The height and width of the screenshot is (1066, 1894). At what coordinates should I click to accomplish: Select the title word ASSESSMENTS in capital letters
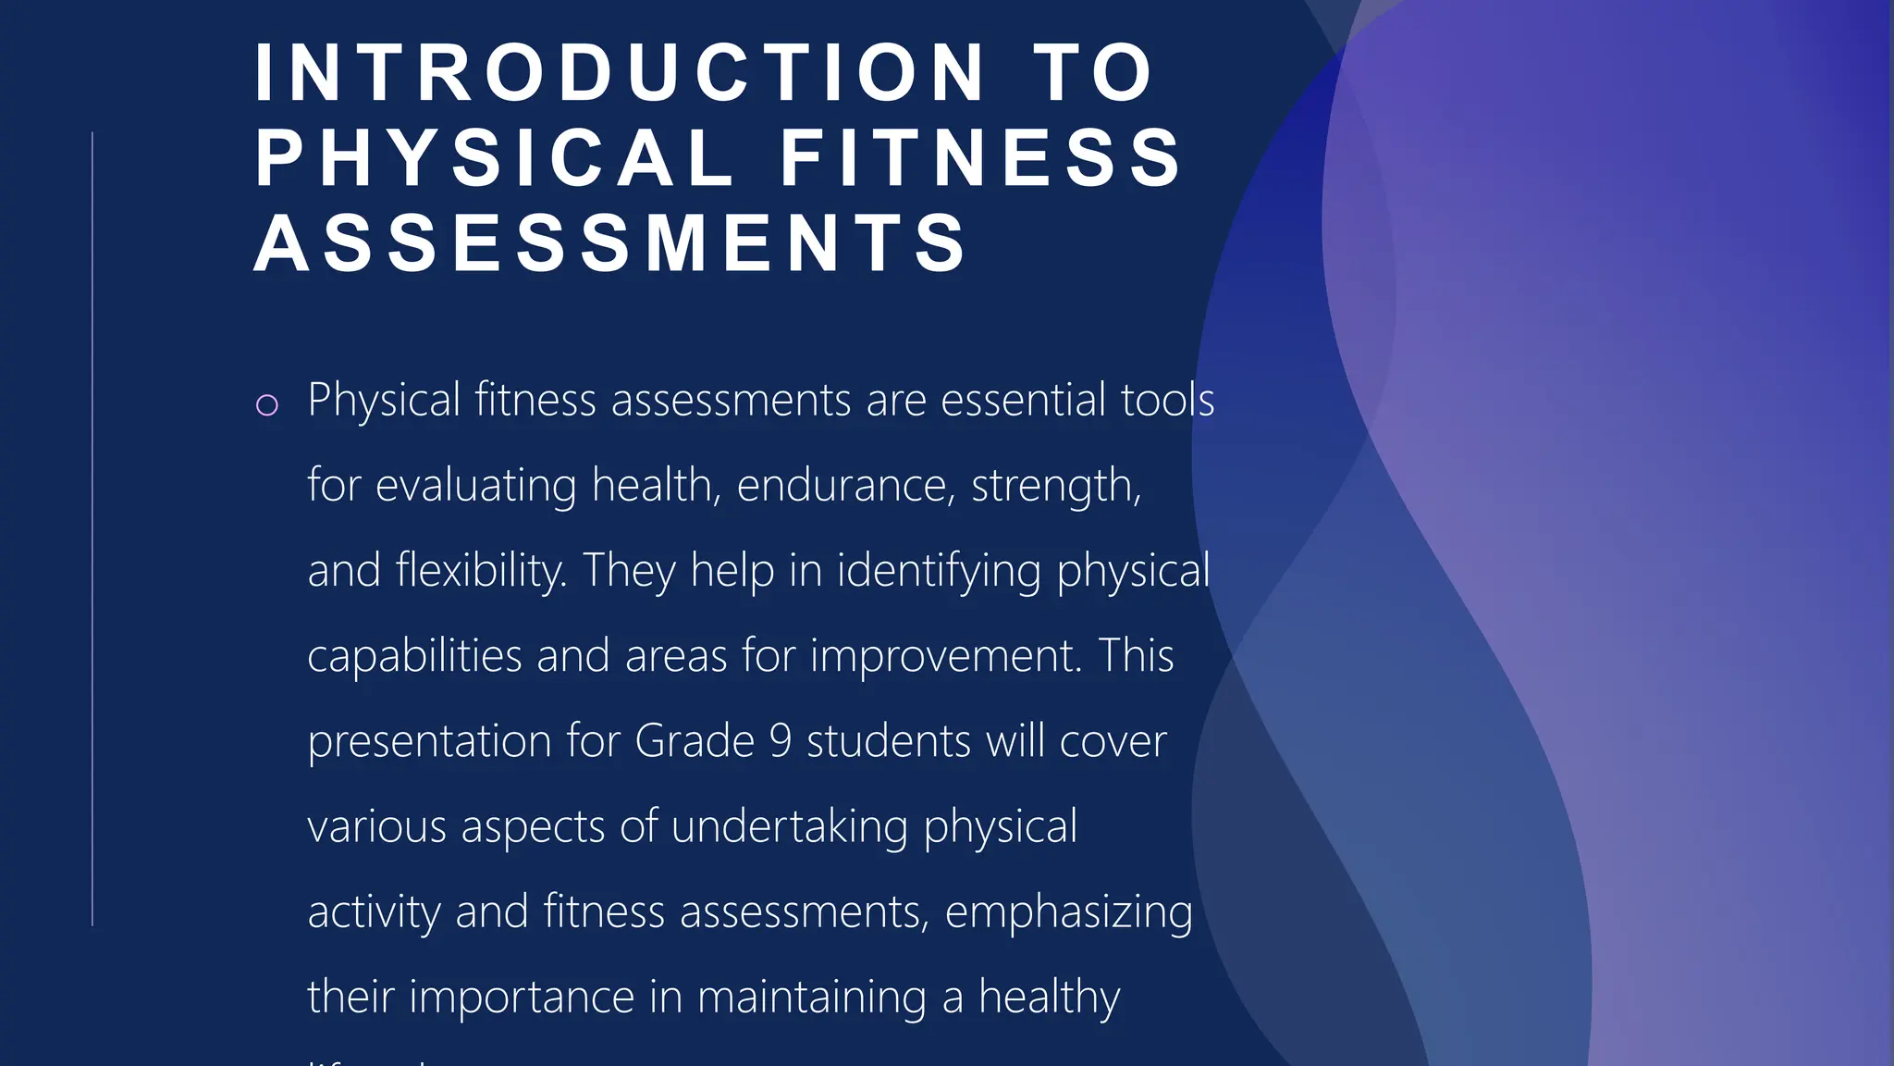[611, 242]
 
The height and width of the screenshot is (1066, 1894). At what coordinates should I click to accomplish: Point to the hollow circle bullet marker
[266, 405]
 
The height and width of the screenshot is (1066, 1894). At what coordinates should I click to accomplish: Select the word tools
[1168, 400]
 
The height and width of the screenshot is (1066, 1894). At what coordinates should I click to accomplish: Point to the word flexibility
[481, 570]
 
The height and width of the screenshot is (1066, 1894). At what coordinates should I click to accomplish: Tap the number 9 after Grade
[781, 741]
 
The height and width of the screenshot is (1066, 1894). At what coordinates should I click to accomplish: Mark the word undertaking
[790, 826]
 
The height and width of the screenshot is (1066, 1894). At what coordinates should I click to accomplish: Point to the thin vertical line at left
[92, 527]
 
